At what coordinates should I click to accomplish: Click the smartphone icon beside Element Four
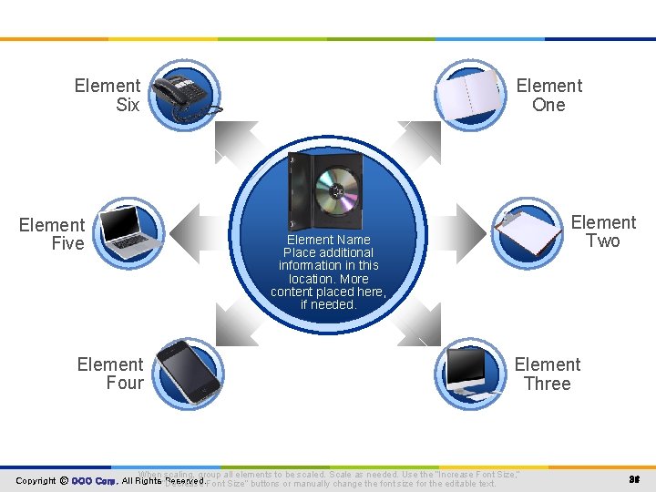click(x=186, y=372)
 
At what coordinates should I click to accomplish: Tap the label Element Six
click(x=108, y=95)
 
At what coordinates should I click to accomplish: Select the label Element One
click(x=548, y=95)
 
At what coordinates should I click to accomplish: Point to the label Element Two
click(x=603, y=231)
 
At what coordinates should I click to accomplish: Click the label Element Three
click(x=547, y=374)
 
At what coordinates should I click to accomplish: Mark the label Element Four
click(x=110, y=374)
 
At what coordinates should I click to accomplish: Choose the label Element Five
click(x=52, y=234)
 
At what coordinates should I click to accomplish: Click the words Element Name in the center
click(x=328, y=240)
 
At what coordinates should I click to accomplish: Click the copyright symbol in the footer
click(x=64, y=480)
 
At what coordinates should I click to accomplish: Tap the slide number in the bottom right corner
click(x=633, y=479)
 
